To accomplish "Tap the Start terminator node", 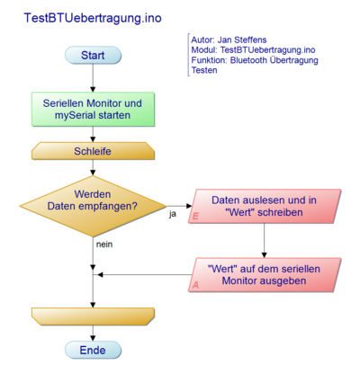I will (x=93, y=56).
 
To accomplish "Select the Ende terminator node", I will (x=93, y=350).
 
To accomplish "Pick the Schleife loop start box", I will (x=93, y=152).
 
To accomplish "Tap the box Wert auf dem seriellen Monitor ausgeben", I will (x=264, y=274).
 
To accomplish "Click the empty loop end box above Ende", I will (x=93, y=315).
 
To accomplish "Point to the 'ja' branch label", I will (x=172, y=214).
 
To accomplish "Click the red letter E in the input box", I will (x=195, y=217).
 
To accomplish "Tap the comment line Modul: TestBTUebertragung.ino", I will (x=253, y=50).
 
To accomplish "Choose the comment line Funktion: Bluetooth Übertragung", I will (x=255, y=60).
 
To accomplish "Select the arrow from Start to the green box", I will (x=93, y=79).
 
